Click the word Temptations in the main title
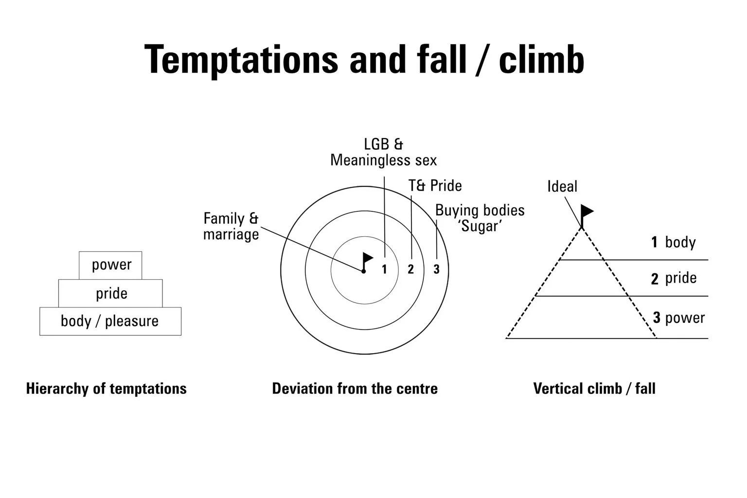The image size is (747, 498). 241,59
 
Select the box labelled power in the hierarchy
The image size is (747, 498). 110,265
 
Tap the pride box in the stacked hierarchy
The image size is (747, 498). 111,293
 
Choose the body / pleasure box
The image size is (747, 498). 110,321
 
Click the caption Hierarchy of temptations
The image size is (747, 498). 106,389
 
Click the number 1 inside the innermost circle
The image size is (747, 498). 384,269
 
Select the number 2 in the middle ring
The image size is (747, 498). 411,269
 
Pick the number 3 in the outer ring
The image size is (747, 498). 436,269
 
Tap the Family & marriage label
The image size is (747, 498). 231,227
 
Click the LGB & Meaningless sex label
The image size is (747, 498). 384,152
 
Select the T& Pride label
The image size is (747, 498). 435,186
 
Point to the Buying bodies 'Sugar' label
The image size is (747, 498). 480,218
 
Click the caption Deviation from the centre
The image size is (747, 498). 355,389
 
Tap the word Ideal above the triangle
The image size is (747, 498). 562,186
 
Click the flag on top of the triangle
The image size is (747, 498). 587,212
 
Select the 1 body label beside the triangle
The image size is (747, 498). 674,242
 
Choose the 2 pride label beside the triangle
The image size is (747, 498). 674,278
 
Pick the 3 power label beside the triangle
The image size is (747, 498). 679,318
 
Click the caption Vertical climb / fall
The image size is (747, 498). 594,389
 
